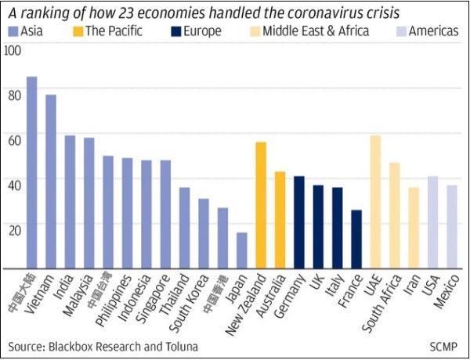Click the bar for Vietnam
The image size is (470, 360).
coord(51,181)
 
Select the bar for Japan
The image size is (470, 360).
coord(242,250)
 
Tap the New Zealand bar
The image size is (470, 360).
coord(261,204)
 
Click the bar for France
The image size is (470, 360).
coord(356,238)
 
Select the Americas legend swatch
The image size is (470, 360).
coord(398,31)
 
